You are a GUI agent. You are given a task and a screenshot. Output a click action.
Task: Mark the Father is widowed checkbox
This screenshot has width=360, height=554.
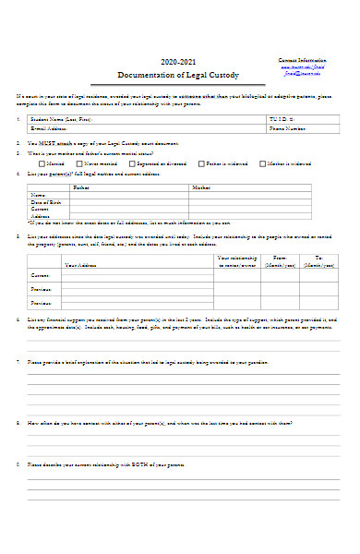point(203,163)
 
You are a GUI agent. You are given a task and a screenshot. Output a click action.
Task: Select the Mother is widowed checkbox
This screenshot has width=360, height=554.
point(262,163)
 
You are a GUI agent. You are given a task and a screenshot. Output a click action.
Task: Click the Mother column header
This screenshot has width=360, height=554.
point(200,187)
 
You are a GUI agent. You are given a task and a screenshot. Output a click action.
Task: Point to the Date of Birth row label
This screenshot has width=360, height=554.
point(45,201)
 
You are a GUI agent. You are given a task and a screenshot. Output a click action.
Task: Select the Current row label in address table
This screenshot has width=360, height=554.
point(41,275)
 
